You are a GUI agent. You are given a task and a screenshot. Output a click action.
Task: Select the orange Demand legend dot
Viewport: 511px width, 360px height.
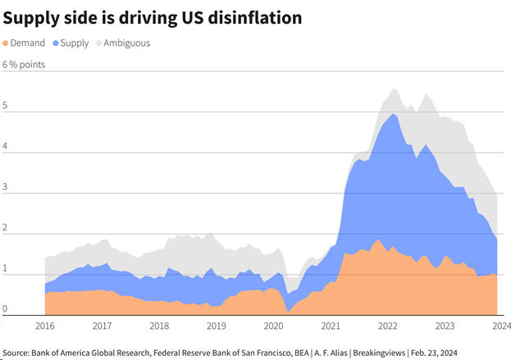[x=7, y=43]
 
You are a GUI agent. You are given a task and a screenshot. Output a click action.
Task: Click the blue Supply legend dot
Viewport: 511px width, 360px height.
[x=55, y=43]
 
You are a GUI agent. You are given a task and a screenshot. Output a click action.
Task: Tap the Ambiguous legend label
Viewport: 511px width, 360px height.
[x=126, y=43]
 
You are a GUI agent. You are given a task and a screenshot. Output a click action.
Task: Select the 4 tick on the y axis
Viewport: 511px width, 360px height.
[x=6, y=148]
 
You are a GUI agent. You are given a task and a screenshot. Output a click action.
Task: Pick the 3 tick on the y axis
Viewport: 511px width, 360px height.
[x=6, y=188]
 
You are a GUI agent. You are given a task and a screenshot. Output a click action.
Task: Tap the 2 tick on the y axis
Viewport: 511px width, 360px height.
[x=6, y=229]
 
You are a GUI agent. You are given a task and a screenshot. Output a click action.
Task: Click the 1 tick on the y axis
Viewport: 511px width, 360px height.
[x=6, y=269]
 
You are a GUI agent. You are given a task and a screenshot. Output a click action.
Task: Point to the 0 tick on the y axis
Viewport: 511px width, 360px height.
[x=6, y=310]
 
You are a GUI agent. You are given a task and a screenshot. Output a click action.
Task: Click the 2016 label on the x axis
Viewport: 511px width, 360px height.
[x=45, y=326]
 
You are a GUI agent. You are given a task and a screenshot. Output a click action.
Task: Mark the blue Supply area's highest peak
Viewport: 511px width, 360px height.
[x=395, y=115]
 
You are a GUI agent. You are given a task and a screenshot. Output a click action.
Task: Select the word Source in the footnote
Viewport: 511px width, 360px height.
[x=18, y=352]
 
